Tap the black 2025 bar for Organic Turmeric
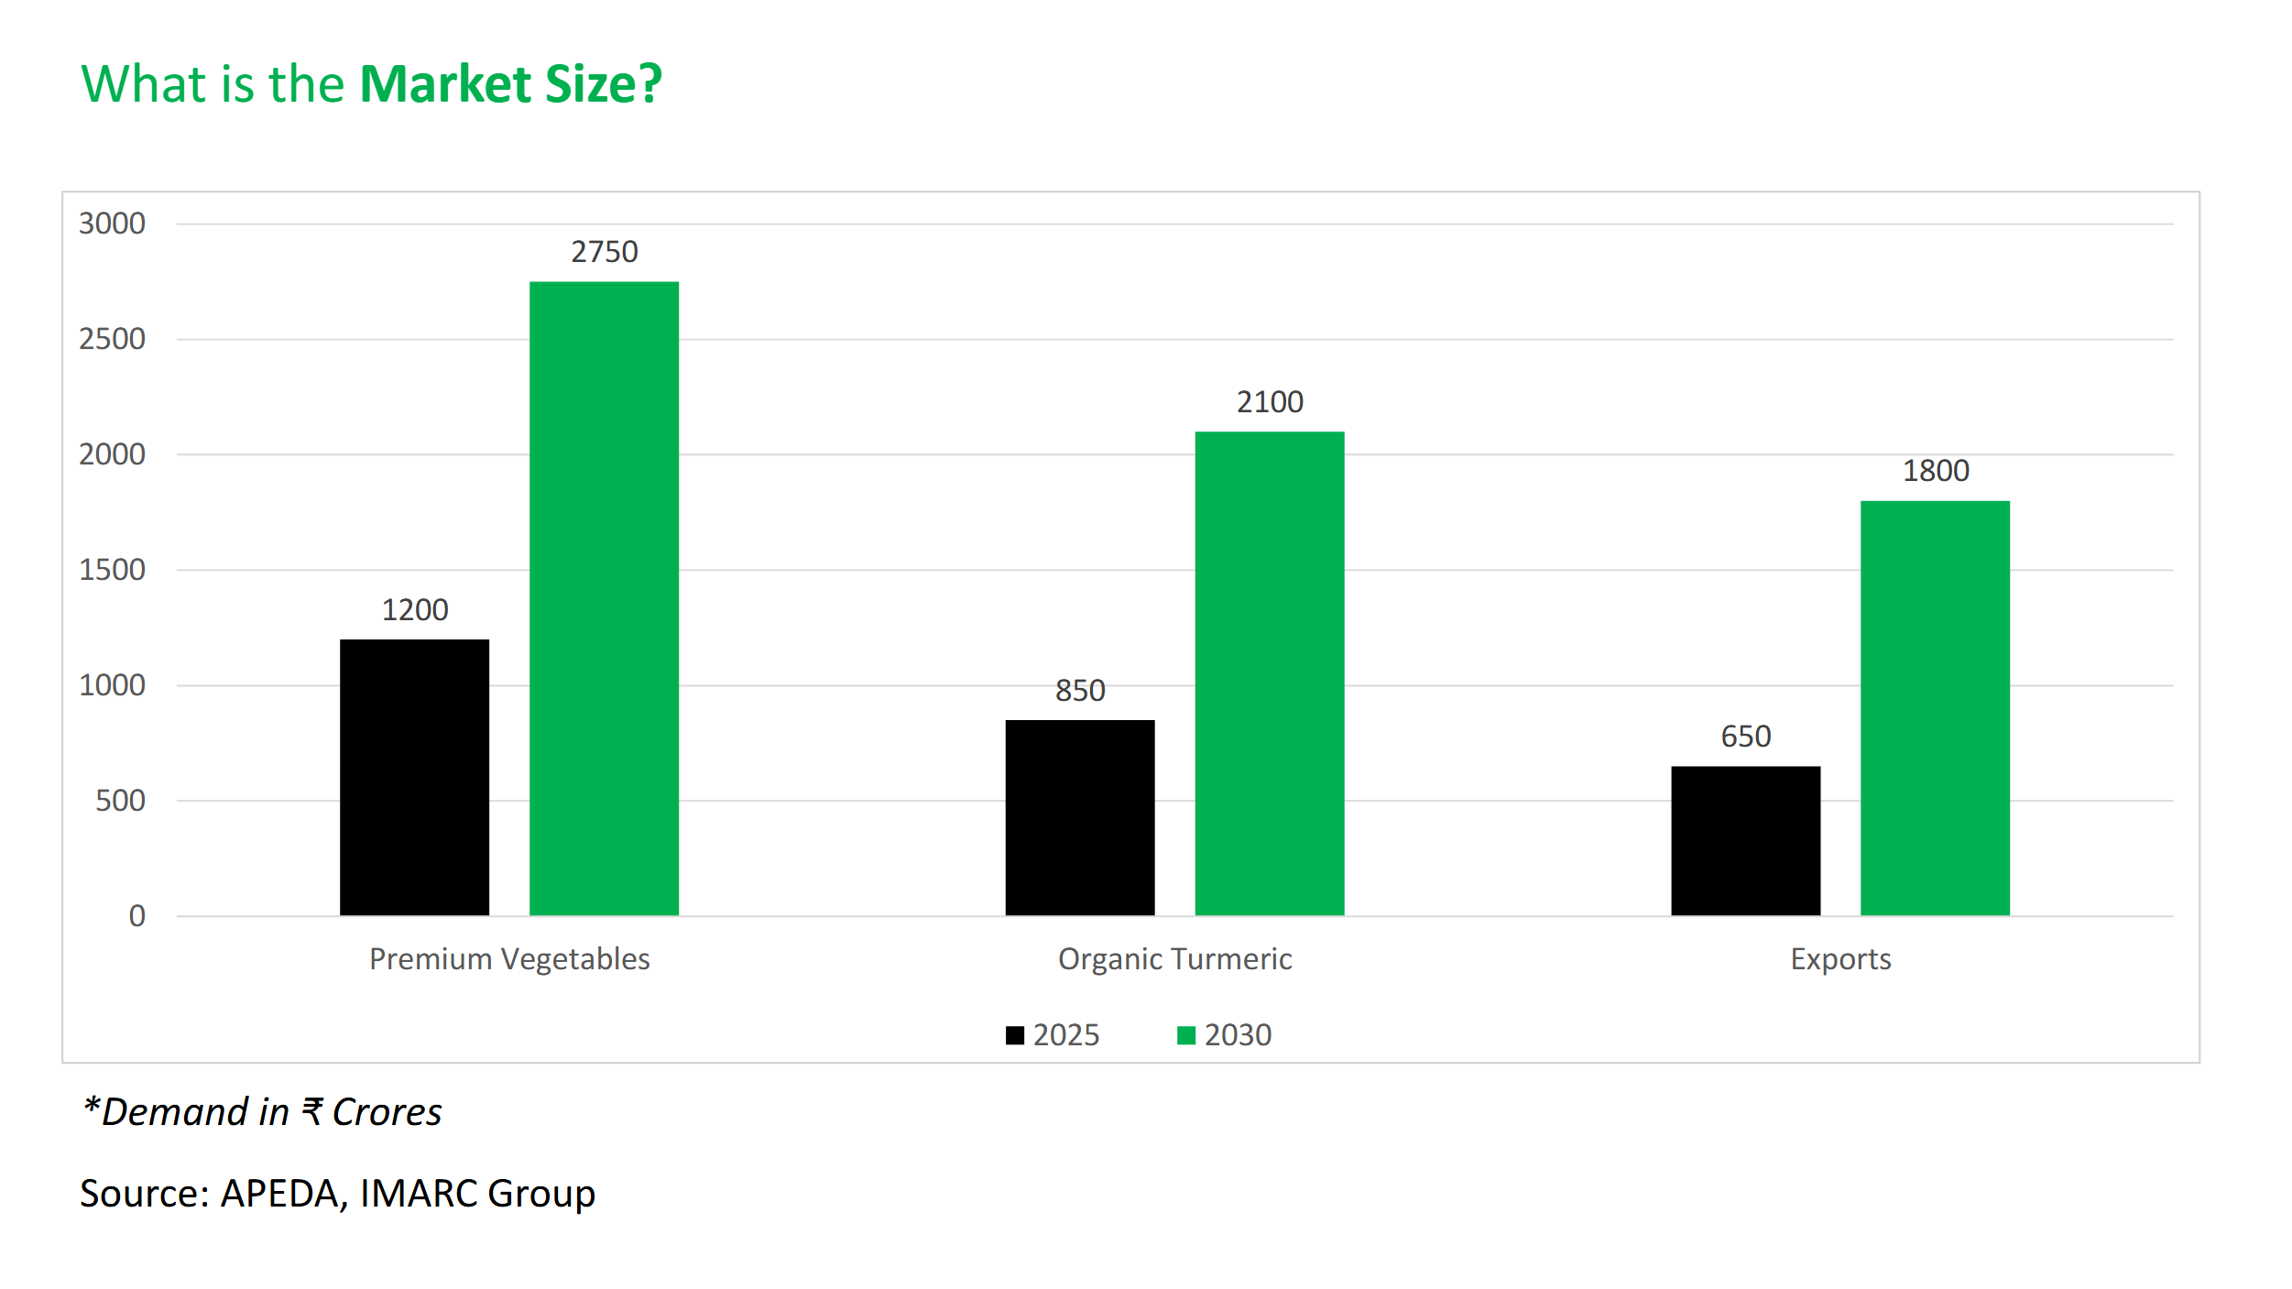(1079, 817)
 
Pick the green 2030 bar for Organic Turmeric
(1269, 673)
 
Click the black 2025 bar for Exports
(1745, 840)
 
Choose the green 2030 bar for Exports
(1935, 707)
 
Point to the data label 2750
(604, 252)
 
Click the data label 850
(1080, 691)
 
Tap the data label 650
(1745, 737)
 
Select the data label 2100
(1270, 402)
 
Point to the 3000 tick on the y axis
(112, 224)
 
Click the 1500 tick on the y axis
(112, 570)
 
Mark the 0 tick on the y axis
(136, 916)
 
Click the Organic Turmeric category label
(1174, 959)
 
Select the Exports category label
(1840, 959)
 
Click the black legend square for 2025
(1014, 1035)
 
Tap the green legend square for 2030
(1185, 1035)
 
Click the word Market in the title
(445, 84)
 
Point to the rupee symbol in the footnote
(311, 1112)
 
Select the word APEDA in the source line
(279, 1194)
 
